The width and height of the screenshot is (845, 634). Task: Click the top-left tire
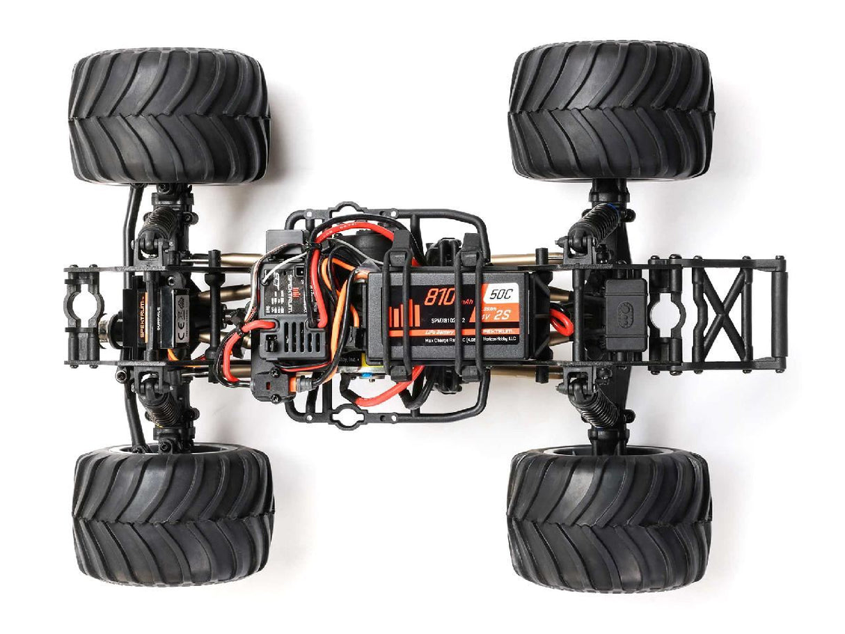coord(169,116)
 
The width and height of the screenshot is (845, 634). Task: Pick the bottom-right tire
coord(610,521)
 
